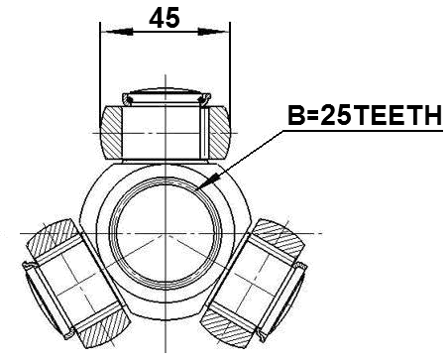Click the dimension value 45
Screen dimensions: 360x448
coord(165,19)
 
